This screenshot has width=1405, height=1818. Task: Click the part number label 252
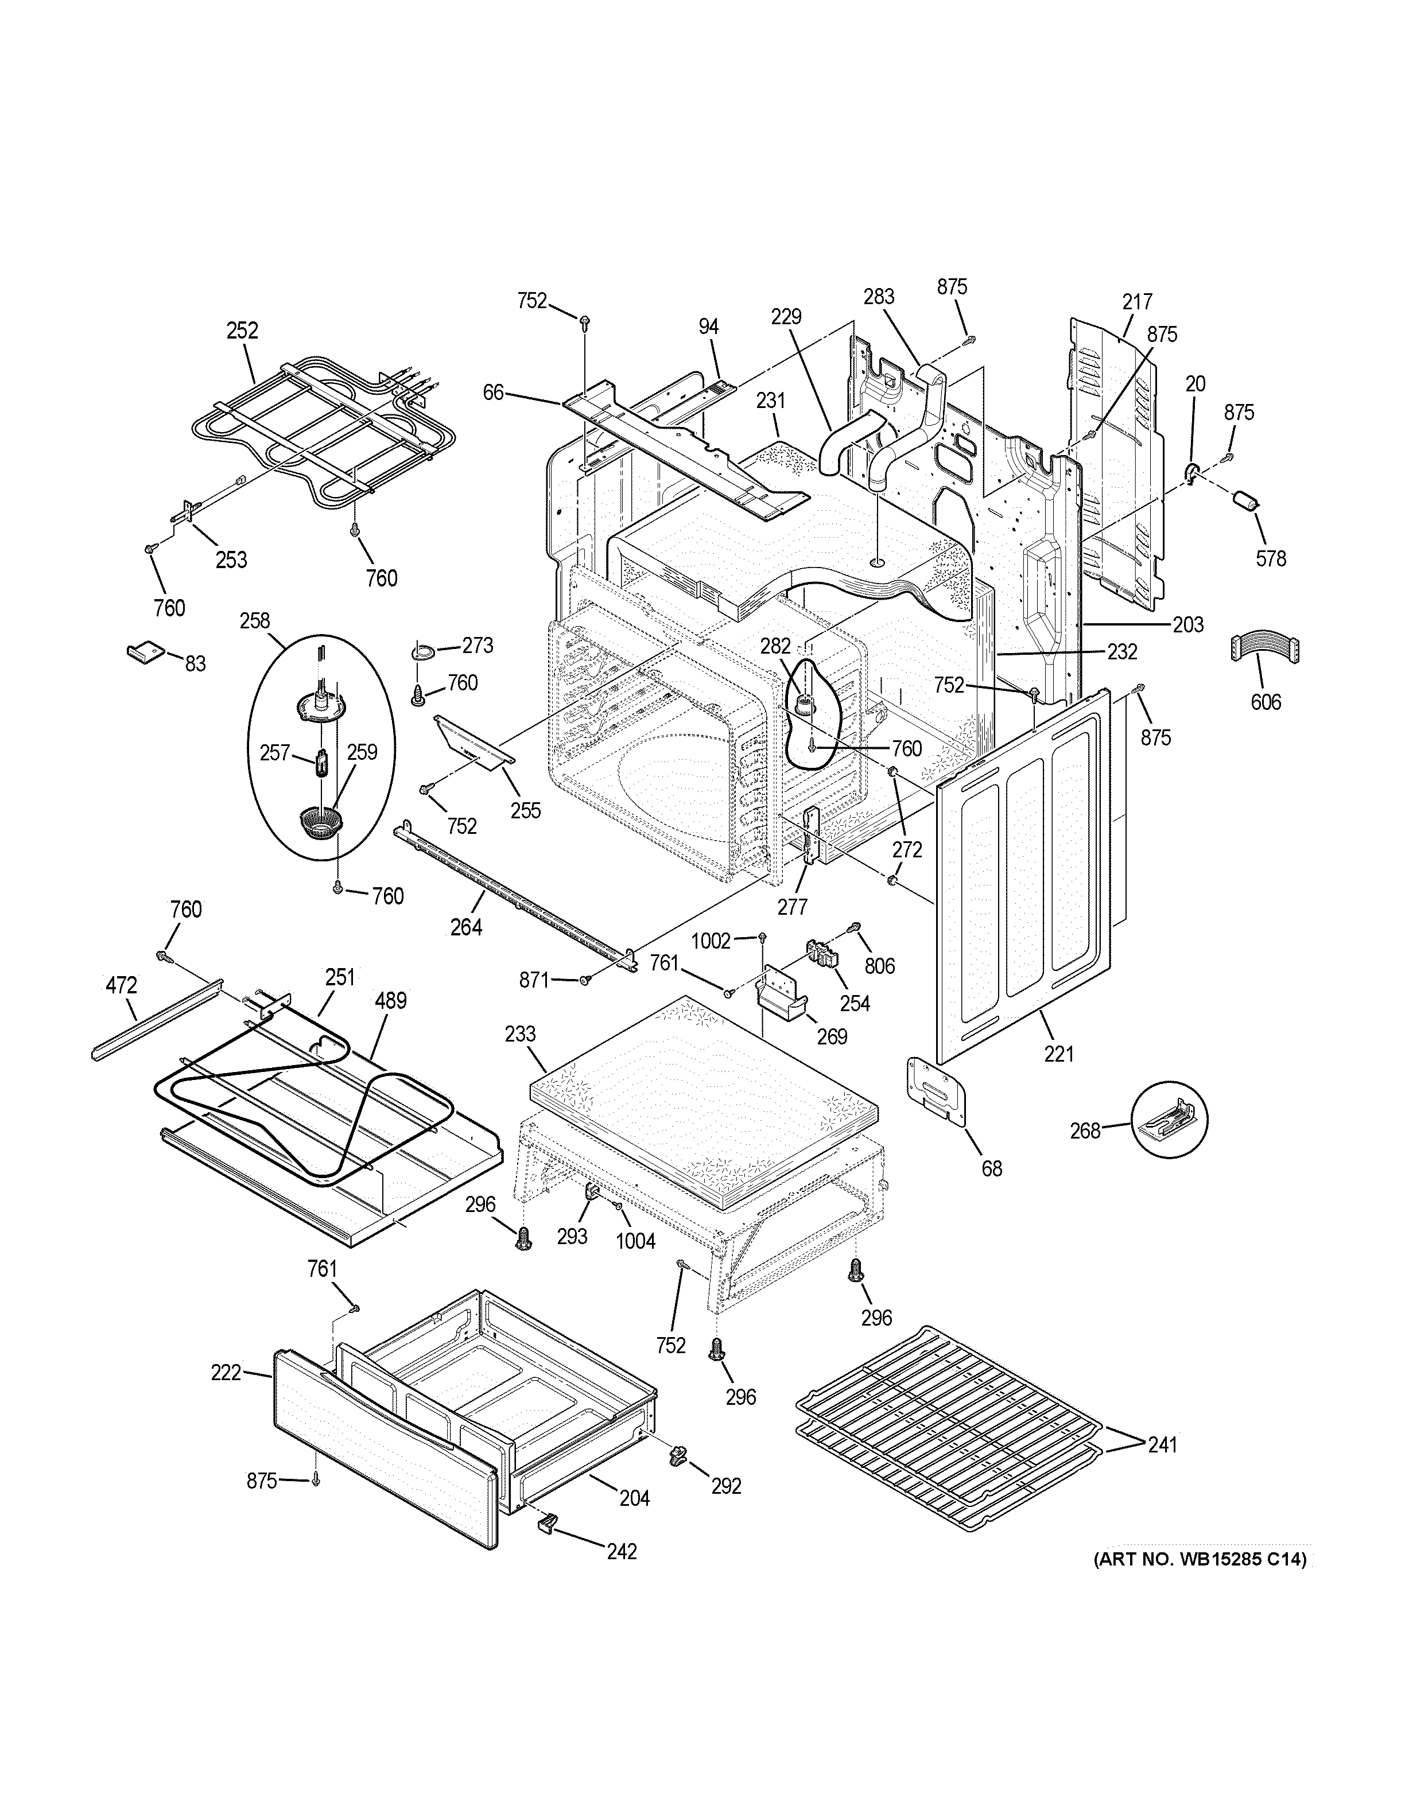click(x=242, y=331)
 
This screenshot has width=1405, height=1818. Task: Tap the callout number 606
click(x=1265, y=702)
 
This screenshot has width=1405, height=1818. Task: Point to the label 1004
click(x=635, y=1264)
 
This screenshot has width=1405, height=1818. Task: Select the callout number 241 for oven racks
click(x=1162, y=1444)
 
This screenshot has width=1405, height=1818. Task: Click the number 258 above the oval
click(x=255, y=620)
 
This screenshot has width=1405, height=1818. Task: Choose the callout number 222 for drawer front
click(x=226, y=1372)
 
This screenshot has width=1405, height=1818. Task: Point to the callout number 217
click(x=1137, y=301)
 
